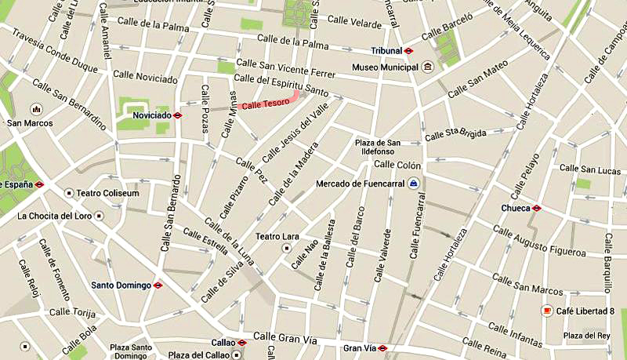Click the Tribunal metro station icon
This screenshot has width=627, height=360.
408,50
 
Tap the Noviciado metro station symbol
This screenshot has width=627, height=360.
178,115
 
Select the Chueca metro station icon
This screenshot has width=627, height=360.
536,208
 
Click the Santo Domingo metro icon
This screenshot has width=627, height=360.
158,285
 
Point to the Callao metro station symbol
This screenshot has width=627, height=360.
241,343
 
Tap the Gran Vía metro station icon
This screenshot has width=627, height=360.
383,347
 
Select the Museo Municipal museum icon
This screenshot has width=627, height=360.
427,67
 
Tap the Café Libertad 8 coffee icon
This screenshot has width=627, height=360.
546,311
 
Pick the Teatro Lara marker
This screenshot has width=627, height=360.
287,248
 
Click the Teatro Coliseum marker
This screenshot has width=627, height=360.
69,193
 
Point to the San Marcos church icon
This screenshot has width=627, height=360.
35,109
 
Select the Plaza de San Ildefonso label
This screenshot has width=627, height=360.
377,147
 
